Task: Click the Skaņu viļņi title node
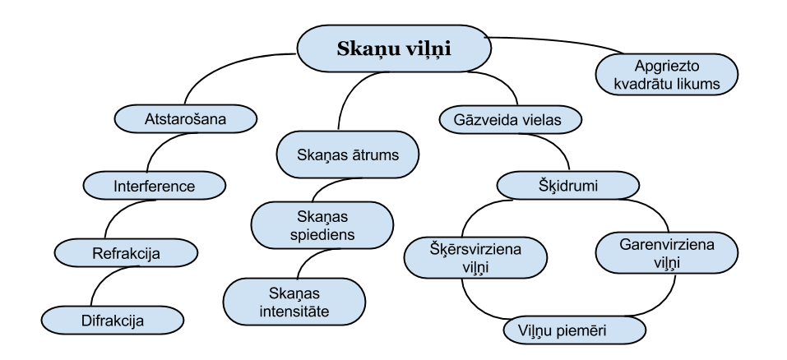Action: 394,48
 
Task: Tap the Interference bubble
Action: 155,187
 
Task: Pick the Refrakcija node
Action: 126,254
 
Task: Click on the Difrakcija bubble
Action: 112,321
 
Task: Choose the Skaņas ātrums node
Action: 347,155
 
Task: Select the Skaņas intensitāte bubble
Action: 294,302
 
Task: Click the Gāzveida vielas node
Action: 511,120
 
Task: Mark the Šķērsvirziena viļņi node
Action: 476,257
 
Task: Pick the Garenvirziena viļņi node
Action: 667,252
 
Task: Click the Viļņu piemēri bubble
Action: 574,330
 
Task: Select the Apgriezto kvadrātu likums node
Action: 666,75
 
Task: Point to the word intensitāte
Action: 294,312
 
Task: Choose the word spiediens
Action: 322,235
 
